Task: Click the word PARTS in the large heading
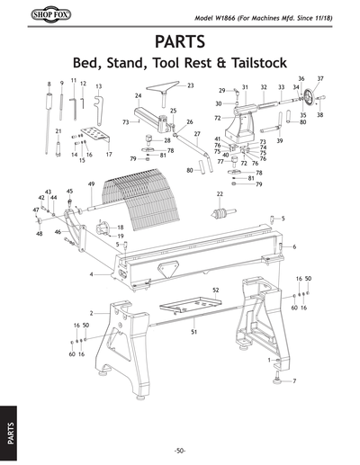[x=179, y=43]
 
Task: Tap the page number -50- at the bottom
[x=179, y=449]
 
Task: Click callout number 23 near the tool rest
[x=191, y=85]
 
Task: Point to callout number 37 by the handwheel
[x=319, y=79]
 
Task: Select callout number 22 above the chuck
[x=220, y=193]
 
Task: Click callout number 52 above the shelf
[x=216, y=290]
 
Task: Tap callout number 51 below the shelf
[x=193, y=332]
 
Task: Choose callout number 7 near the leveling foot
[x=294, y=381]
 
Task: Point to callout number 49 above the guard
[x=91, y=184]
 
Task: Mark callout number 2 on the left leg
[x=91, y=313]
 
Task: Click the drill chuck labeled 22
[x=219, y=214]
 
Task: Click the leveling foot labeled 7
[x=278, y=380]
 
